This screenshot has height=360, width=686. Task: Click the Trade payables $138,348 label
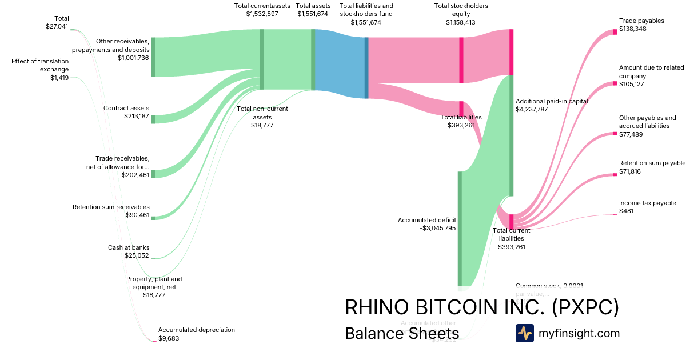641,24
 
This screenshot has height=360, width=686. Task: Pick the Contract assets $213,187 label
126,112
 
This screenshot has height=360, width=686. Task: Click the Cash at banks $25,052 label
129,251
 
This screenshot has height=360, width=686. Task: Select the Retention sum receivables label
111,211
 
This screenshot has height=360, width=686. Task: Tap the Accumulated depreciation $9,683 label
197,334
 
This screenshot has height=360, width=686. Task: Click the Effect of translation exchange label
40,69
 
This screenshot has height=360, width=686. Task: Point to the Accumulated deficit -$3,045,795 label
427,223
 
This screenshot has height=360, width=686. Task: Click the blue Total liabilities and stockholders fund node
366,67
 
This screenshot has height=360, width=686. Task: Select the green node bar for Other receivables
153,57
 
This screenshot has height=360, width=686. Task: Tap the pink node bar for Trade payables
615,31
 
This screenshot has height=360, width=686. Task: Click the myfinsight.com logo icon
525,333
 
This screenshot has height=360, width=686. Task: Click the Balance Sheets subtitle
402,333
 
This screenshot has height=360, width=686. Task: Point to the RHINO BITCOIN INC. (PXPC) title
482,307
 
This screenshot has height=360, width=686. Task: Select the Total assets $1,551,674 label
313,10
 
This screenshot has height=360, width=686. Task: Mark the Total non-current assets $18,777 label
262,117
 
